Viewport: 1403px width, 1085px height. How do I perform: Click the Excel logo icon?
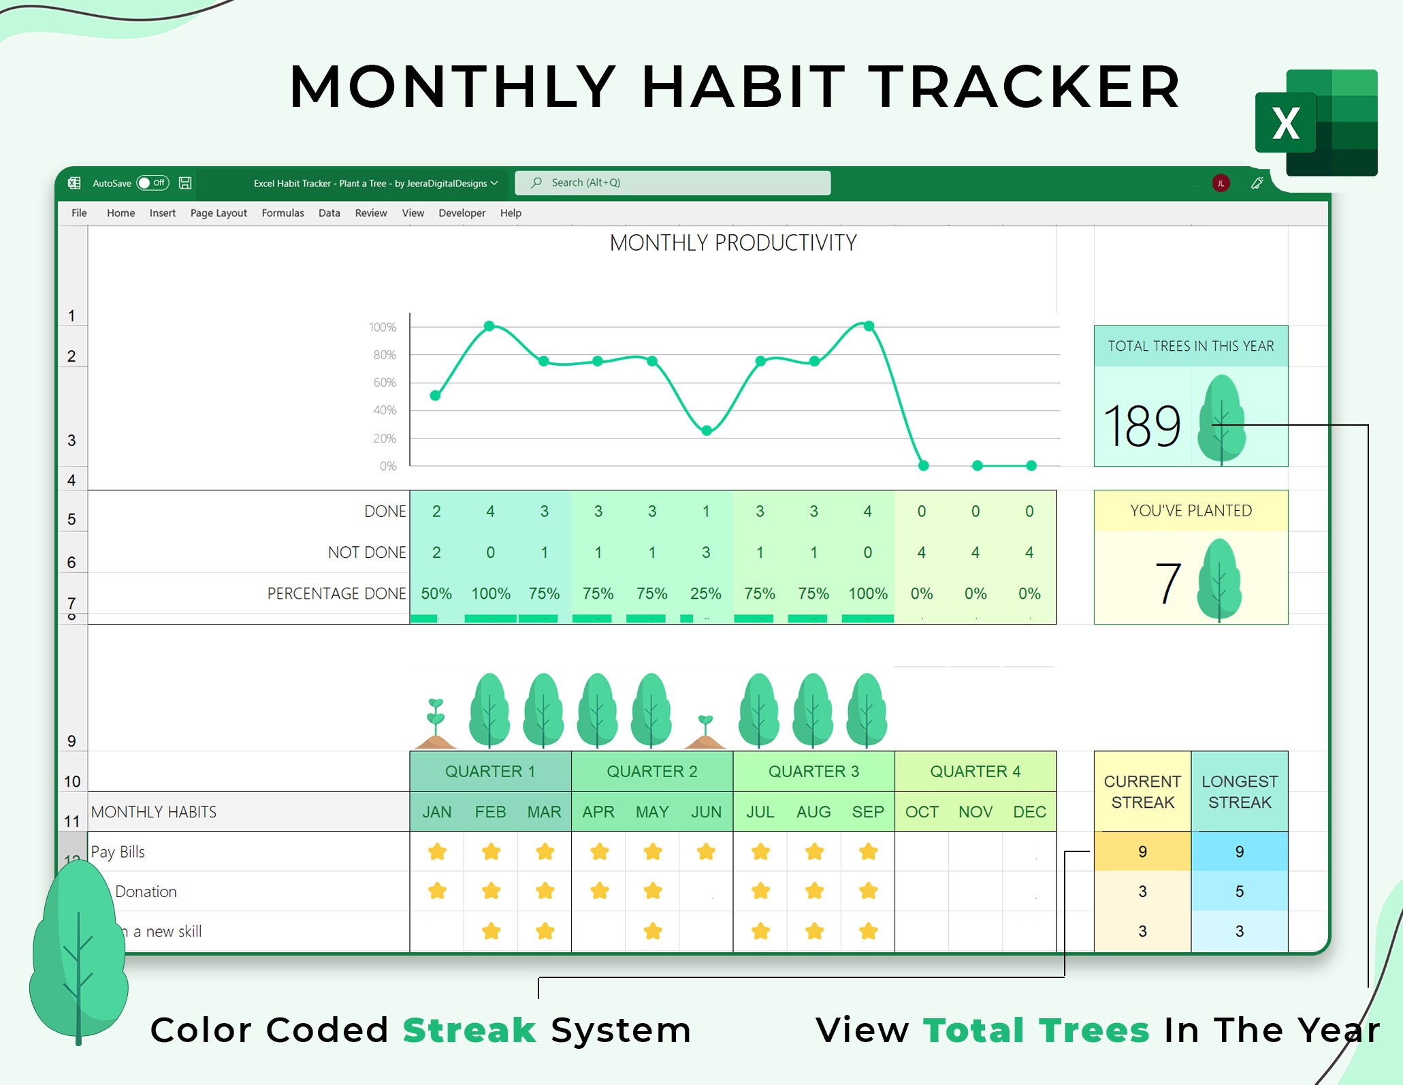point(1315,123)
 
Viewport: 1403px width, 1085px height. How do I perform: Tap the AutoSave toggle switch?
point(152,183)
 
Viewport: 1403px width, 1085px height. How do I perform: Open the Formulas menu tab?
point(283,213)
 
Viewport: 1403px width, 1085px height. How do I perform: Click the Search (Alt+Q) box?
point(672,183)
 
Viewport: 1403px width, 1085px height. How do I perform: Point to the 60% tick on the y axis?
point(384,383)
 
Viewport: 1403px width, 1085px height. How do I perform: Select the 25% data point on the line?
point(707,430)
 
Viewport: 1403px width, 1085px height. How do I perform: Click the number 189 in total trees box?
point(1142,426)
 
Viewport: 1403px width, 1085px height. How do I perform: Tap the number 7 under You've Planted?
point(1167,584)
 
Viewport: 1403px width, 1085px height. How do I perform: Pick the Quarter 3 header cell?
point(813,772)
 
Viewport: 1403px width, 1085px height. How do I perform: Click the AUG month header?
point(813,812)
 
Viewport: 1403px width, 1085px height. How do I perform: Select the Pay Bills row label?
point(118,852)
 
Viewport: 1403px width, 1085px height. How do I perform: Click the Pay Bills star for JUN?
point(707,851)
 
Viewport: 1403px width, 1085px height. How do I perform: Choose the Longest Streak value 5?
point(1239,892)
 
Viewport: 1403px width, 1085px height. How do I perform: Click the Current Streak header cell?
point(1142,791)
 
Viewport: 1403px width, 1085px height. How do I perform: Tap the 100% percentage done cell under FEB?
point(490,594)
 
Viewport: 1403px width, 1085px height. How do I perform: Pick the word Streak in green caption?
point(470,1030)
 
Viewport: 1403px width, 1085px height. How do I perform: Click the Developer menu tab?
point(462,213)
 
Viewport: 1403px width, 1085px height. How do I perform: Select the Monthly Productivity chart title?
point(732,243)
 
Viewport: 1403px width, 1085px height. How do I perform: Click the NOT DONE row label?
point(367,552)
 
